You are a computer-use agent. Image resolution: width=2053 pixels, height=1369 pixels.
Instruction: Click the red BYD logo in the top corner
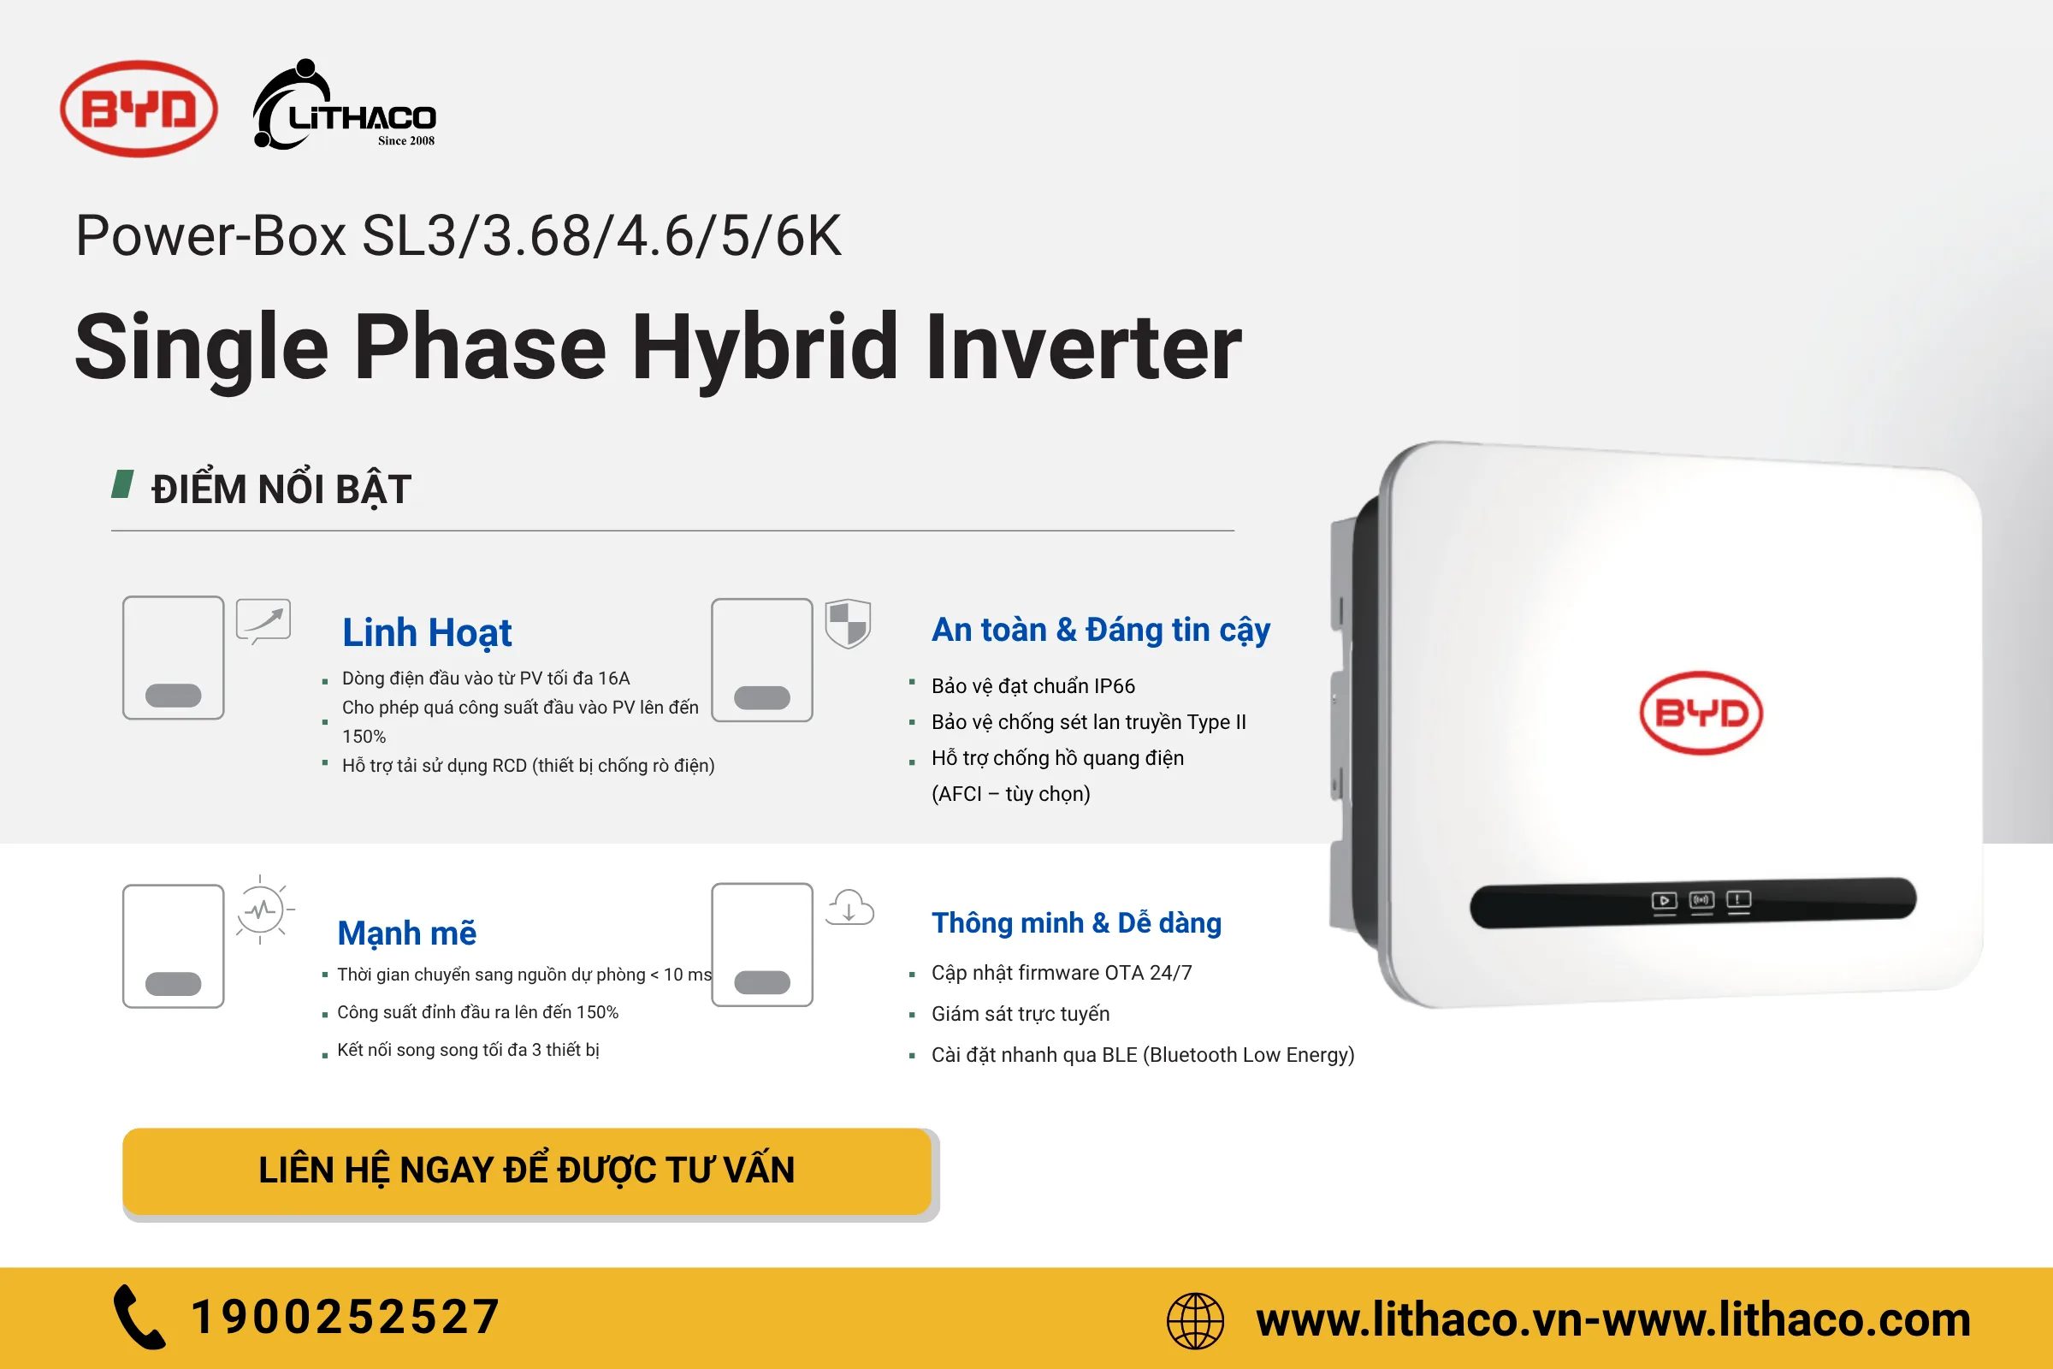point(139,110)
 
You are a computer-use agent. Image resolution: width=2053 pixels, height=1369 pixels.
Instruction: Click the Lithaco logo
point(344,104)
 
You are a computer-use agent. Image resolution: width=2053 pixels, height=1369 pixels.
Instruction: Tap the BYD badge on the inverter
point(1701,714)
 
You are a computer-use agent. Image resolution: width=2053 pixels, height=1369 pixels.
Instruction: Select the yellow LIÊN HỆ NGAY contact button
point(527,1170)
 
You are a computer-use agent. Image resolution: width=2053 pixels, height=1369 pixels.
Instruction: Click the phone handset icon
point(139,1317)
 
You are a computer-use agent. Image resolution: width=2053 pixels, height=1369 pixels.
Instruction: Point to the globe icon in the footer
point(1195,1320)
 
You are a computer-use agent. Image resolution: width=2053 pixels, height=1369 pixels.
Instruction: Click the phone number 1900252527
point(346,1317)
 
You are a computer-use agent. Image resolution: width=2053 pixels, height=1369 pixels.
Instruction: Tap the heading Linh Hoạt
point(427,633)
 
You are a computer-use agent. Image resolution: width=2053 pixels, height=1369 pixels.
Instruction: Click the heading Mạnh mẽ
point(407,933)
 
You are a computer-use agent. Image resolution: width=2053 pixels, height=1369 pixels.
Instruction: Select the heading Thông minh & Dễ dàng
point(1076,923)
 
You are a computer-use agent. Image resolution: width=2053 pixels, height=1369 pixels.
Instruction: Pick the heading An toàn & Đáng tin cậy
point(1101,631)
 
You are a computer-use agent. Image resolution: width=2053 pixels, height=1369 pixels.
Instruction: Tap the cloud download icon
point(850,907)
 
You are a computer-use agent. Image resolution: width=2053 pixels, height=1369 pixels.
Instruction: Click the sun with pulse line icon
point(262,910)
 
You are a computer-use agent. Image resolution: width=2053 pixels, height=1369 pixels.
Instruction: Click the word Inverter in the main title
point(1083,347)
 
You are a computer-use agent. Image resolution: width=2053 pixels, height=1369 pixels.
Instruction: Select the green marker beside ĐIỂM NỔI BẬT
point(123,484)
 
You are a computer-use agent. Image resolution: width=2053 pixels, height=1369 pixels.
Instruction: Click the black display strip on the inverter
point(1693,902)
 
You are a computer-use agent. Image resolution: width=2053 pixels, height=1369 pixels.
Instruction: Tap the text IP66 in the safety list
point(1114,686)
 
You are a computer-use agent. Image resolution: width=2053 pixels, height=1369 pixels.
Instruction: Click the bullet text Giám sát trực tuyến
point(1021,1014)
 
